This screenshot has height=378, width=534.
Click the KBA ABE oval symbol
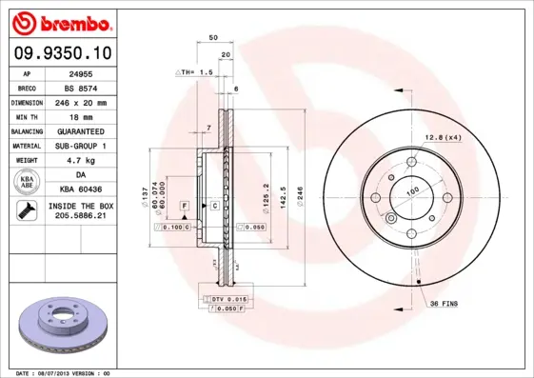26,183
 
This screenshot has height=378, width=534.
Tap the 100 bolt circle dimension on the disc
413,191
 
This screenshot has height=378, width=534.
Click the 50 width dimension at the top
214,37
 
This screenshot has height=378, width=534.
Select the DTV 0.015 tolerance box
224,300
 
